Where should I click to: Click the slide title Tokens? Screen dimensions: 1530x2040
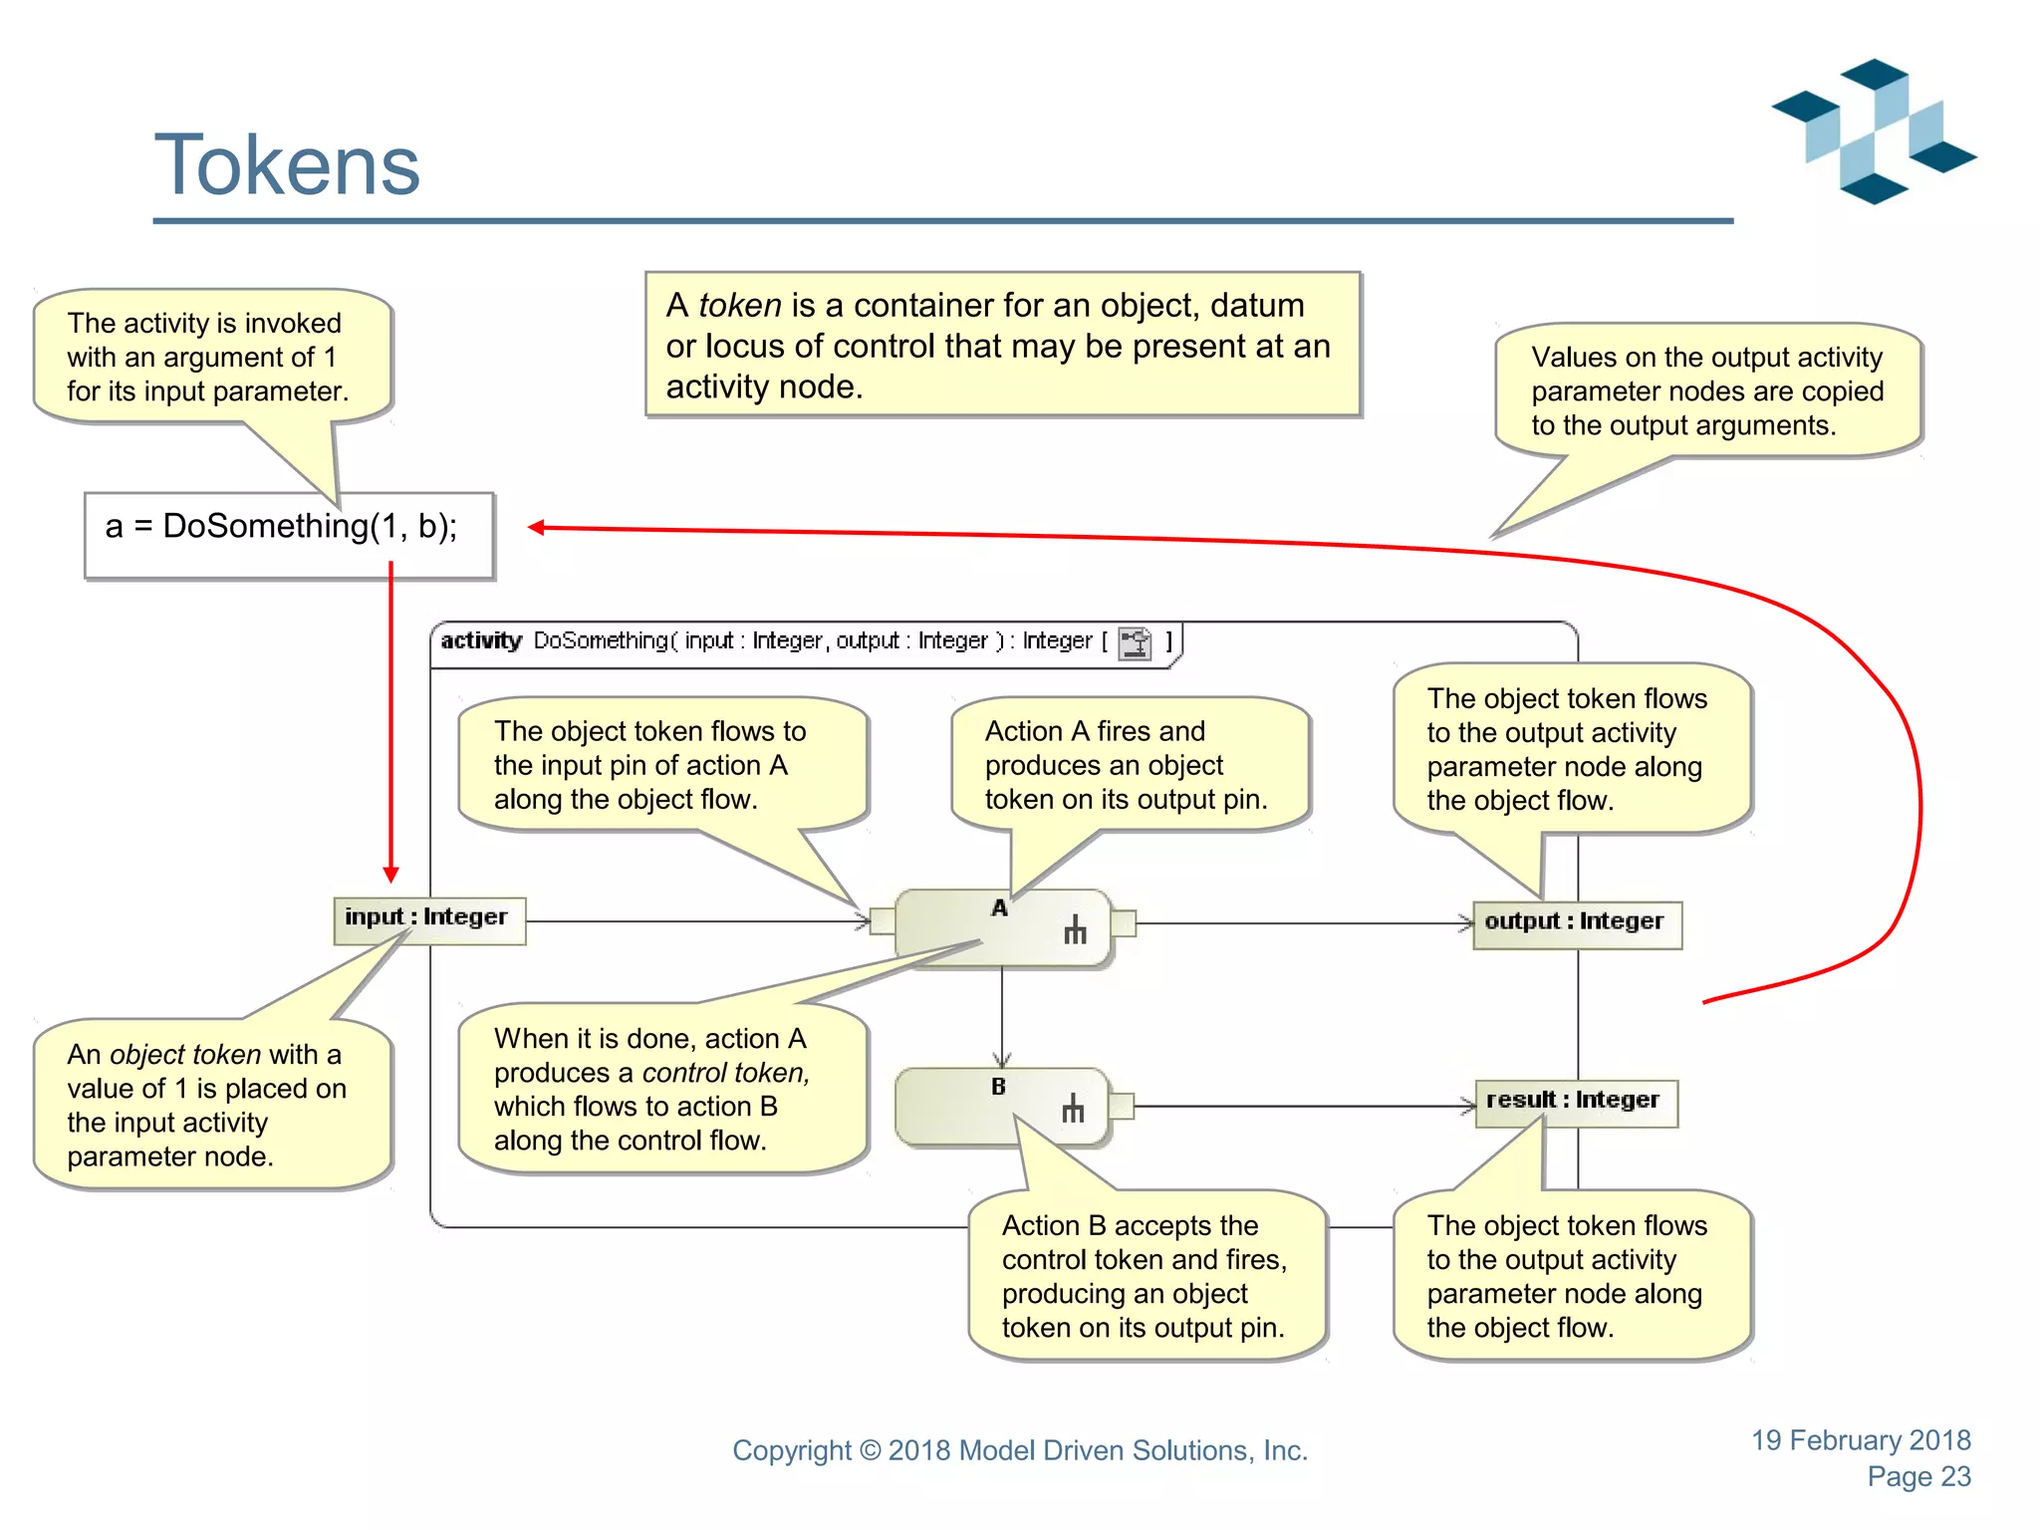point(287,165)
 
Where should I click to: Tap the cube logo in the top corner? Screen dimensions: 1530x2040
point(1873,131)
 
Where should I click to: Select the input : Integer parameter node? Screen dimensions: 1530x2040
point(428,918)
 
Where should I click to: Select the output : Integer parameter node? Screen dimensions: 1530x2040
point(1576,923)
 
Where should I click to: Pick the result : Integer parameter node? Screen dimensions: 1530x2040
point(1575,1102)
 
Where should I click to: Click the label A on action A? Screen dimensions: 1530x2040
point(1000,908)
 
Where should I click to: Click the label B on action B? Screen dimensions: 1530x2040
point(998,1087)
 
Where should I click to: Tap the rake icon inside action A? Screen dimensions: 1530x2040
point(1075,930)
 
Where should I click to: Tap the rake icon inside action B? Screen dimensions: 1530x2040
point(1073,1109)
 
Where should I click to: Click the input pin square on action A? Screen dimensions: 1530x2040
point(882,921)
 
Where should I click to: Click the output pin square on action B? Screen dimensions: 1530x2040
point(1121,1106)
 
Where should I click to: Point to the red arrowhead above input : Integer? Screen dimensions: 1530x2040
point(390,874)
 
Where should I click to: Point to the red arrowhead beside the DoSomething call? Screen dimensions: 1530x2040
point(536,528)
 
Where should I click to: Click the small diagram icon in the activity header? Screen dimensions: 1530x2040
point(1135,642)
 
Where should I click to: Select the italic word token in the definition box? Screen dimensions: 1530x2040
point(740,306)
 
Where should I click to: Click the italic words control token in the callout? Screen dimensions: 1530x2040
point(725,1073)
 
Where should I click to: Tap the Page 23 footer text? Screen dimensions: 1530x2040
point(1917,1477)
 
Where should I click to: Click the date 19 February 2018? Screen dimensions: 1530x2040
point(1861,1440)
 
